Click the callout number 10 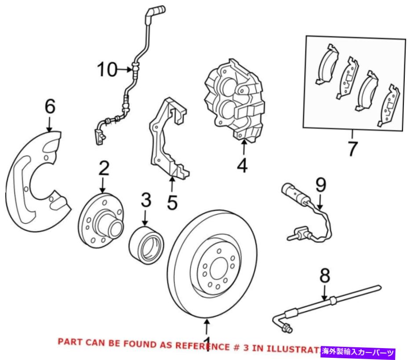pyautogui.click(x=107, y=69)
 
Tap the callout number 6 pyautogui.click(x=50, y=107)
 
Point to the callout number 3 pyautogui.click(x=146, y=200)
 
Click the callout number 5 pyautogui.click(x=172, y=203)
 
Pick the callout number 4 pyautogui.click(x=243, y=166)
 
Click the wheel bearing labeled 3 pyautogui.click(x=146, y=242)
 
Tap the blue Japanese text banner pyautogui.click(x=359, y=352)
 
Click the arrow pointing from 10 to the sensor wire pyautogui.click(x=125, y=69)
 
